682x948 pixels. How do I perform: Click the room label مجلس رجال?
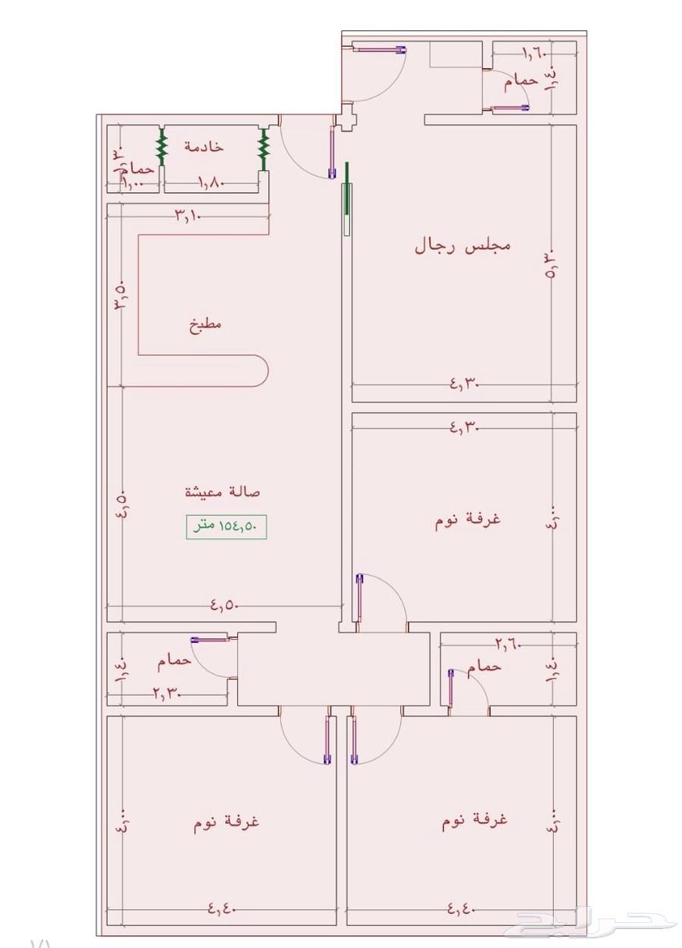coord(462,246)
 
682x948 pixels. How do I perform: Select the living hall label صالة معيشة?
coord(223,492)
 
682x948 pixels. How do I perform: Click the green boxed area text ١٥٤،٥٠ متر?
coord(227,526)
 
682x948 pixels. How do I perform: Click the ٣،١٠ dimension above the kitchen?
coord(187,216)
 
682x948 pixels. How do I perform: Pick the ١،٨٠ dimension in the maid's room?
coord(210,182)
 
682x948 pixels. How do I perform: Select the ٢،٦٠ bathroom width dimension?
coord(508,644)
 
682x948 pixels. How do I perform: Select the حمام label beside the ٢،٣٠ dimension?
coord(174,662)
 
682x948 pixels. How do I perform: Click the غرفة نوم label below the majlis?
coord(468,520)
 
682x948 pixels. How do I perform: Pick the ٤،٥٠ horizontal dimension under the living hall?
coord(224,605)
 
